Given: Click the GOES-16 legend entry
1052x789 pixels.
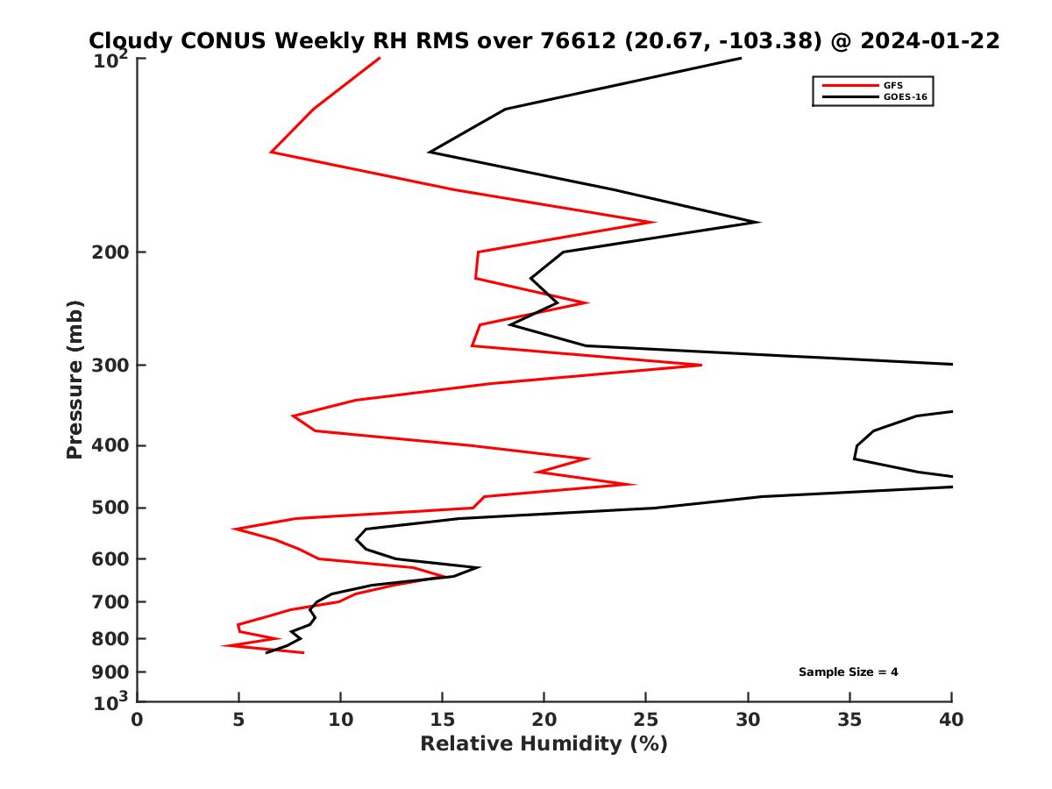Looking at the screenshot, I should pos(904,97).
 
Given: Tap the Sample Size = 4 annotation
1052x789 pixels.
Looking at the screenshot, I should pos(848,672).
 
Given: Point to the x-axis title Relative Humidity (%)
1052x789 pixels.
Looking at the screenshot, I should pos(544,744).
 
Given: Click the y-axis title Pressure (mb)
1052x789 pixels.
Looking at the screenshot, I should pos(75,379).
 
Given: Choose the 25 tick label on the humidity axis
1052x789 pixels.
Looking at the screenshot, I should pos(646,720).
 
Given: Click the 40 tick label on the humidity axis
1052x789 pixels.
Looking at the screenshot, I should pos(951,720).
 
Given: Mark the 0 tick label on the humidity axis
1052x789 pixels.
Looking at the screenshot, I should pos(138,720).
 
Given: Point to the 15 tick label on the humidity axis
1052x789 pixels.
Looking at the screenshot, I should pos(443,720).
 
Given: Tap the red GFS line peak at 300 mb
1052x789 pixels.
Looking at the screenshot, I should pos(701,365).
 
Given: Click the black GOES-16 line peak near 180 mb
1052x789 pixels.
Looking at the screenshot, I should pos(758,222).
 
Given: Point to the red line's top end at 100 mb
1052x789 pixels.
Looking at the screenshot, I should pos(380,59).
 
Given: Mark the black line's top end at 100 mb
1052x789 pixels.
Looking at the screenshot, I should pos(741,59).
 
